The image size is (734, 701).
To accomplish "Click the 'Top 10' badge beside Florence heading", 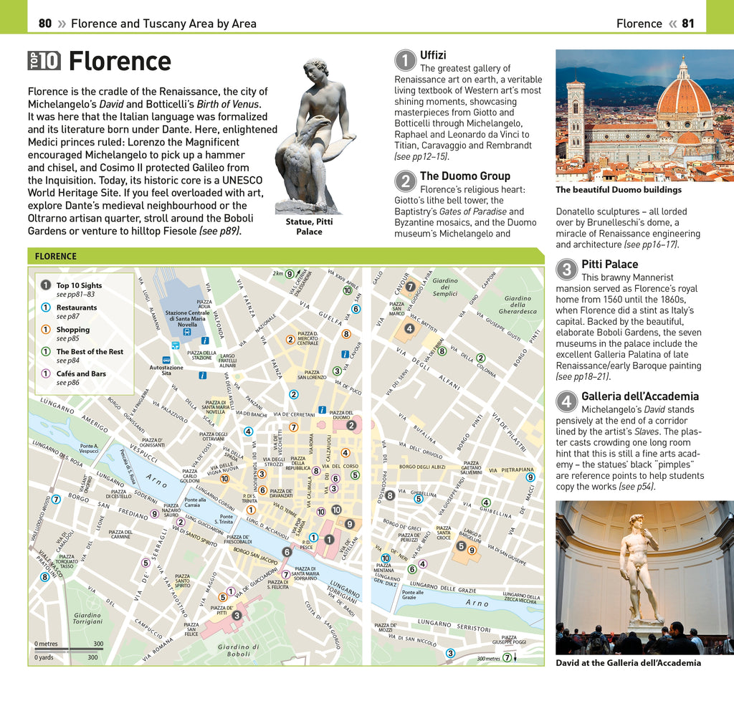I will [x=44, y=61].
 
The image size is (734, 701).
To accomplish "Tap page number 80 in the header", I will [x=45, y=24].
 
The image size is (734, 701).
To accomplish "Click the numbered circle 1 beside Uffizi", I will [x=406, y=60].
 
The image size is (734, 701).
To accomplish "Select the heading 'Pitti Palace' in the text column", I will [x=609, y=264].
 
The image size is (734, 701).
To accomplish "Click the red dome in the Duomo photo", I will [x=684, y=98].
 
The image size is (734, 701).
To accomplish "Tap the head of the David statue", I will [x=635, y=521].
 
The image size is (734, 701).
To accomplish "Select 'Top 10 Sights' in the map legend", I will [x=79, y=285].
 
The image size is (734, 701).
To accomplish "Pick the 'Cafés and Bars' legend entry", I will [x=81, y=373].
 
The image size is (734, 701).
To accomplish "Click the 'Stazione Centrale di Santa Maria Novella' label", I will [x=187, y=318].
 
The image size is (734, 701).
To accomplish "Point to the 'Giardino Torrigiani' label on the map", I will [x=87, y=618].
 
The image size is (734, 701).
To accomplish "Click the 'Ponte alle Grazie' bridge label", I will [x=412, y=594].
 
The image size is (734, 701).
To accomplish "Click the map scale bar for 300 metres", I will [x=69, y=649].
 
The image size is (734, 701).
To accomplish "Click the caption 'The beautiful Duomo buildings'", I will [x=619, y=190].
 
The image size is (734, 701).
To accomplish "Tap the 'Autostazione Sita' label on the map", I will [x=166, y=370].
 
